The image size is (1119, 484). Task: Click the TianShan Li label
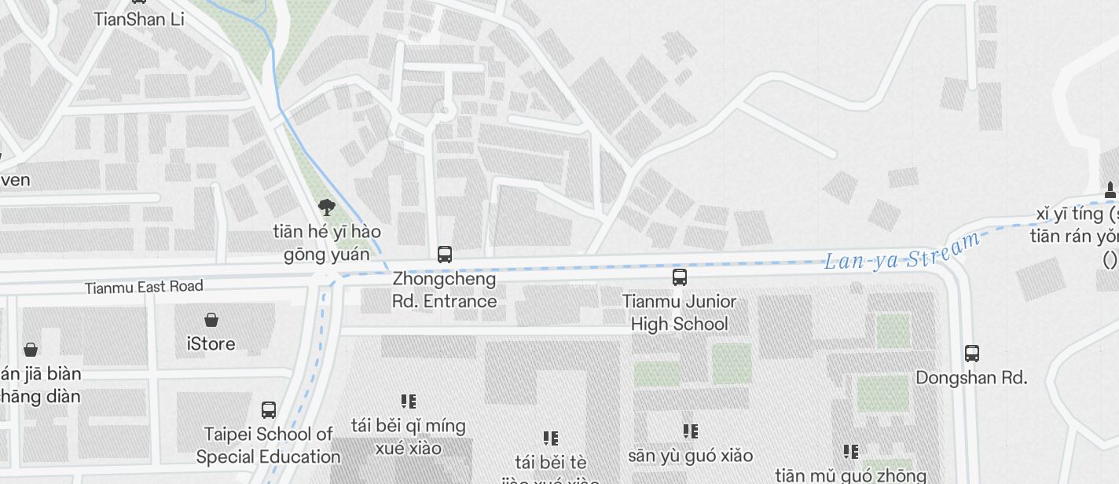pos(139,19)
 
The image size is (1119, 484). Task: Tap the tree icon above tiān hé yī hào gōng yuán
pos(327,207)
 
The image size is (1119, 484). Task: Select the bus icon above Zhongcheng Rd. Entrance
pos(445,255)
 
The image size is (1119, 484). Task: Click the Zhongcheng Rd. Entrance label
pos(445,290)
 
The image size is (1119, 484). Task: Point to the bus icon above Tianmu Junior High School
pos(680,277)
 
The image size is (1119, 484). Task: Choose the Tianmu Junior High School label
pos(680,313)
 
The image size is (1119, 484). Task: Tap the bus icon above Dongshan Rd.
pos(972,354)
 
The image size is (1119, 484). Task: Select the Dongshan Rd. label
pos(971,378)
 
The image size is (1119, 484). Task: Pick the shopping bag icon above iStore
pos(211,320)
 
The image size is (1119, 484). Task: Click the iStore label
pos(211,344)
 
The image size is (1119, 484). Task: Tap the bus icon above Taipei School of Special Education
pos(269,410)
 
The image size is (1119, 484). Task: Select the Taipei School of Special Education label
pos(269,445)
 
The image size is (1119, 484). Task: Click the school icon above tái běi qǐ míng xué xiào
pos(409,401)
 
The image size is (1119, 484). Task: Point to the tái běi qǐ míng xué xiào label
pos(409,437)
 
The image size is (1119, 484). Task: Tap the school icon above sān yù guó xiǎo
pos(691,431)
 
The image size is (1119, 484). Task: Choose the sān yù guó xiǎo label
pos(691,456)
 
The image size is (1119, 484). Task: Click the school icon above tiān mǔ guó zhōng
pos(851,452)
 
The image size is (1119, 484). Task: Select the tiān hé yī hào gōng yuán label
pos(327,243)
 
